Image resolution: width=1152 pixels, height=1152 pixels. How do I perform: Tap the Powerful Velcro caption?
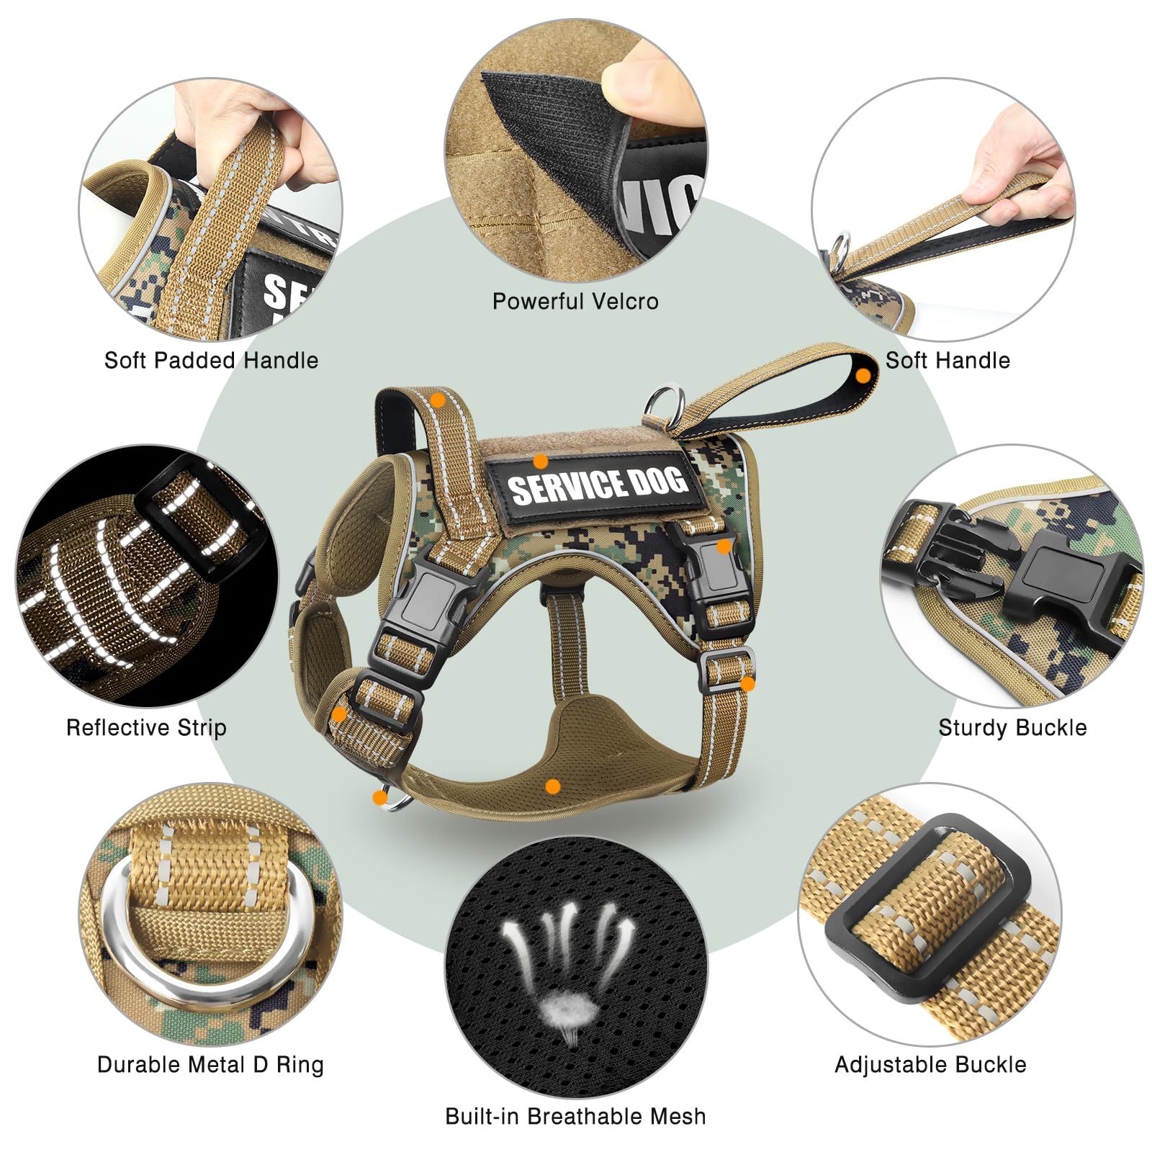pyautogui.click(x=575, y=301)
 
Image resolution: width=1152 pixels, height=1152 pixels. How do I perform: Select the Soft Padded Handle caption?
pyautogui.click(x=211, y=360)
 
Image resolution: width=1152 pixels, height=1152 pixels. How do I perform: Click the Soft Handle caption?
pyautogui.click(x=948, y=360)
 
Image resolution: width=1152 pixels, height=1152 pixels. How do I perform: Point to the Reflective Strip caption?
pyautogui.click(x=146, y=727)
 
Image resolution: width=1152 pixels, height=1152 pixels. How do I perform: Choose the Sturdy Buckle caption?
pyautogui.click(x=1012, y=727)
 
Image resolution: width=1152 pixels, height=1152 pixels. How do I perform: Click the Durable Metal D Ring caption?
pyautogui.click(x=210, y=1064)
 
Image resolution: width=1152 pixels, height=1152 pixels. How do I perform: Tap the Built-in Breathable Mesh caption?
pyautogui.click(x=575, y=1116)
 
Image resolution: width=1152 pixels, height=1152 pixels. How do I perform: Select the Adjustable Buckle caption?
pyautogui.click(x=930, y=1064)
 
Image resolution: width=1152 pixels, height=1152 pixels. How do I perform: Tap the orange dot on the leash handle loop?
pyautogui.click(x=863, y=375)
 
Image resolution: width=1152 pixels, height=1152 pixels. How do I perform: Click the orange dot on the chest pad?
pyautogui.click(x=552, y=786)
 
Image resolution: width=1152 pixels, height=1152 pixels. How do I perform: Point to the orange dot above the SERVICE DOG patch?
pyautogui.click(x=540, y=462)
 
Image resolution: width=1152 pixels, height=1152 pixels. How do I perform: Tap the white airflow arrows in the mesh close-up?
pyautogui.click(x=569, y=943)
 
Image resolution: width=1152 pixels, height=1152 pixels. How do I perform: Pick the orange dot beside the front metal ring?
pyautogui.click(x=379, y=797)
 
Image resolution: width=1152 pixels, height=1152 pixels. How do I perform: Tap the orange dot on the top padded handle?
pyautogui.click(x=437, y=400)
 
